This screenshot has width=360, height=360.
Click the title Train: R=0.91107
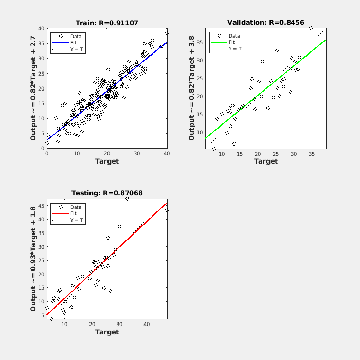(107, 23)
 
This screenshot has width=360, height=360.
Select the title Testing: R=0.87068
(107, 193)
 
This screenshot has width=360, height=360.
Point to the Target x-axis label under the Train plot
(107, 161)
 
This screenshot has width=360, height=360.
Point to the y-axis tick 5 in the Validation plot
(202, 149)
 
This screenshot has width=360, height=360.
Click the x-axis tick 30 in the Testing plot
(119, 324)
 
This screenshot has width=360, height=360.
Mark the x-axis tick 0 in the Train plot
(47, 153)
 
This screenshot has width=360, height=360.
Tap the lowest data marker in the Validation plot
(214, 149)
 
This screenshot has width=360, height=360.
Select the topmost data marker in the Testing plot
(128, 199)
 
